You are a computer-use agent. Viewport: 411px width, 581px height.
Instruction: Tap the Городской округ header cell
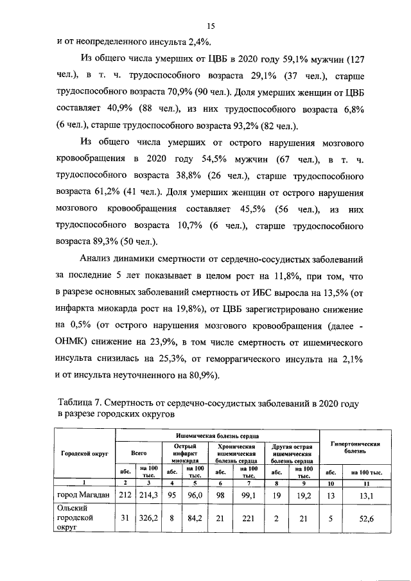83,453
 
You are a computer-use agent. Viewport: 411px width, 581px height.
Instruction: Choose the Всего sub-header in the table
139,453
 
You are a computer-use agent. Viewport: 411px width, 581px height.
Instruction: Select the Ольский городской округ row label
76,517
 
